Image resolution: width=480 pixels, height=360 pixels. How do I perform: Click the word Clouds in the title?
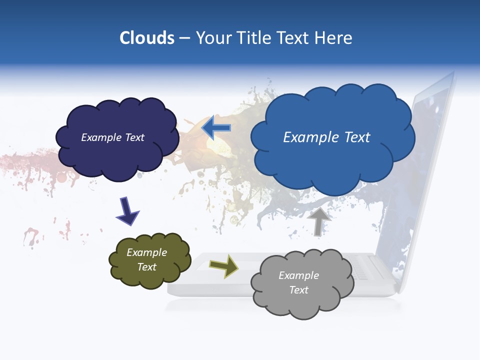[147, 38]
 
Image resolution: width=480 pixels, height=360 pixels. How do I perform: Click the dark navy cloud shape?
[117, 155]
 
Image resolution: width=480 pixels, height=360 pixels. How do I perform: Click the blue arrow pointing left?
[216, 128]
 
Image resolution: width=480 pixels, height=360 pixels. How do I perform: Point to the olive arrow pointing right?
[223, 265]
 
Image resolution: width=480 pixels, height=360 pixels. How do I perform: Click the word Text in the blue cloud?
[353, 137]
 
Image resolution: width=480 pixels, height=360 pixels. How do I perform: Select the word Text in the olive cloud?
[147, 267]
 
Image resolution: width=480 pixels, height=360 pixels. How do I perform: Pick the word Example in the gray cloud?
[298, 275]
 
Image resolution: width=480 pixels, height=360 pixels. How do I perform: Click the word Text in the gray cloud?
[298, 290]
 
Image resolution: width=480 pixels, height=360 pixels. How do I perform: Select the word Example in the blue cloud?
[307, 137]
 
